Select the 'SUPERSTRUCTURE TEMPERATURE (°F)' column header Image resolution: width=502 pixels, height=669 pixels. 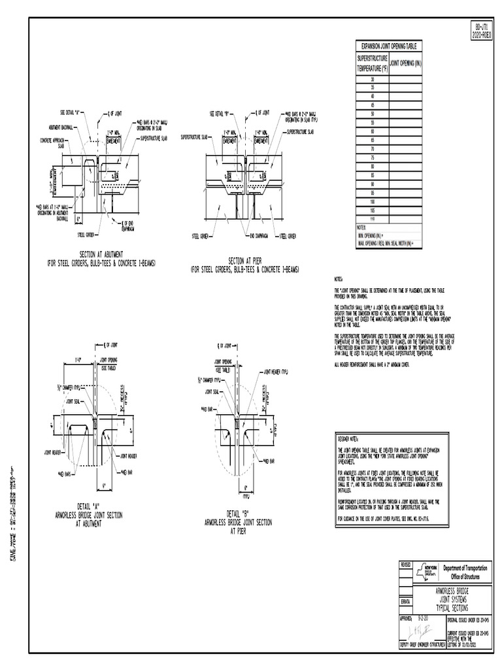point(372,63)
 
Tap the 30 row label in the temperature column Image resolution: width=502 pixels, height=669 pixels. point(372,79)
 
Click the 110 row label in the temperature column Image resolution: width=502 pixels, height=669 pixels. point(372,219)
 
